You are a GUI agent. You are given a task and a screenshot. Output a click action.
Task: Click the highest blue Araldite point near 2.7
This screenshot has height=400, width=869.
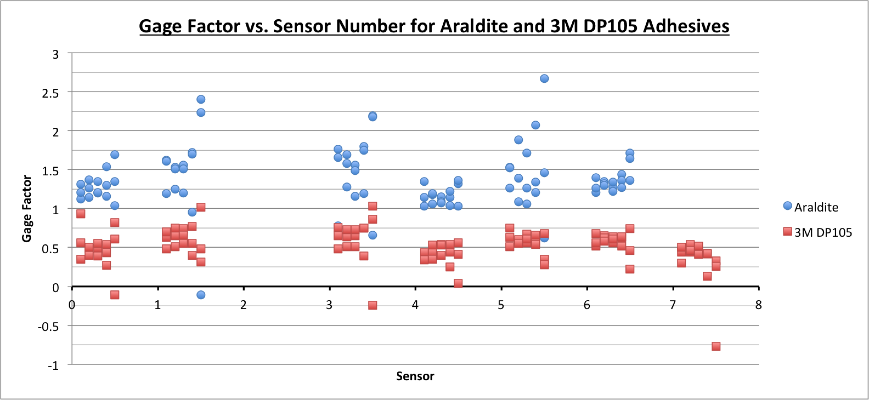(544, 78)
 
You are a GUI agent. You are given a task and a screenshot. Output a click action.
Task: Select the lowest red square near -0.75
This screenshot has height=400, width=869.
(716, 346)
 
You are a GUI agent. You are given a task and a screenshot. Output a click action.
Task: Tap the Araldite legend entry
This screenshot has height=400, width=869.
(816, 207)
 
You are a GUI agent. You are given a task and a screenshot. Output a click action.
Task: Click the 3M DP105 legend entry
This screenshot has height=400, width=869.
(823, 232)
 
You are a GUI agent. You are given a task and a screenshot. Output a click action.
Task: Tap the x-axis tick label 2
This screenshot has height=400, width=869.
(243, 305)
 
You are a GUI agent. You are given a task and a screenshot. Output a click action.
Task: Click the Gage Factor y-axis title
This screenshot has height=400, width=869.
(26, 209)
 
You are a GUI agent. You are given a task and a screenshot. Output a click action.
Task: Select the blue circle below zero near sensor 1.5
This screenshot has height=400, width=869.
(201, 295)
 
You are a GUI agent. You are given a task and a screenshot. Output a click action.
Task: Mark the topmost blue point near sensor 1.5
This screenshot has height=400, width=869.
(201, 99)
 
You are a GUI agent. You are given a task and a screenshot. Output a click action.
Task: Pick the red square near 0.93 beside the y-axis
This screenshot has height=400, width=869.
(81, 214)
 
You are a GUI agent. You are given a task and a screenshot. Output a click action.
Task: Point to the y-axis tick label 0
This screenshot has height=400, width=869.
(55, 288)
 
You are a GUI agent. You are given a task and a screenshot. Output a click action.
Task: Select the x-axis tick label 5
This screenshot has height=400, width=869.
(501, 305)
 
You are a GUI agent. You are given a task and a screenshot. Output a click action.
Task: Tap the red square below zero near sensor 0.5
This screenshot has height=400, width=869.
(115, 295)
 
